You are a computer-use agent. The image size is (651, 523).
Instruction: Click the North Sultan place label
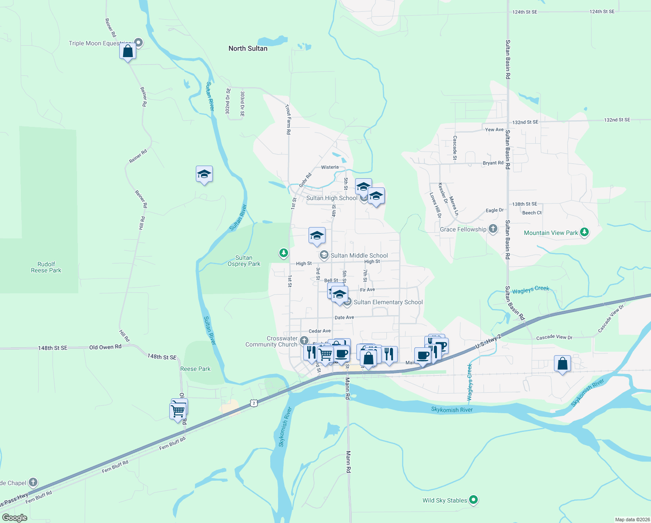click(248, 48)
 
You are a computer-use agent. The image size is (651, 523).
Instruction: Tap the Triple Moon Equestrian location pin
click(138, 43)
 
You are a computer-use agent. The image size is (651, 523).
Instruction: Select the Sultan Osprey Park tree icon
click(283, 253)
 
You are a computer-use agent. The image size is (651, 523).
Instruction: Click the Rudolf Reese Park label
click(46, 267)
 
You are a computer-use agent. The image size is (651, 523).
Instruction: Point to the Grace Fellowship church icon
click(493, 229)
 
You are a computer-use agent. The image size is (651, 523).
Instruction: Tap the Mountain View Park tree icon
click(584, 232)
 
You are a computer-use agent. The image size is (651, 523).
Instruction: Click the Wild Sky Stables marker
click(474, 500)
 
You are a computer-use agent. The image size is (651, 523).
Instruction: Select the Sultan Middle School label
click(359, 255)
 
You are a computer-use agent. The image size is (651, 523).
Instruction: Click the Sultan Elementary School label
click(388, 302)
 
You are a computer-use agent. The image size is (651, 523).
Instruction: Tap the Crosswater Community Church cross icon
click(304, 341)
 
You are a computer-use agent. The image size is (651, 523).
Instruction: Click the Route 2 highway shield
click(254, 403)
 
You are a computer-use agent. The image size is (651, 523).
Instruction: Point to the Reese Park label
click(195, 369)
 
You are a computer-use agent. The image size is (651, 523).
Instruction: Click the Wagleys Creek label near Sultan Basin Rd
click(530, 290)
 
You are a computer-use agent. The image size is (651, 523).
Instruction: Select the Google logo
click(15, 518)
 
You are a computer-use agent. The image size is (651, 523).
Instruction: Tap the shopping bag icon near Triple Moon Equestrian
click(128, 51)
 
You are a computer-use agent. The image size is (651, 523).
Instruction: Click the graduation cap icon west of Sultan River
click(204, 174)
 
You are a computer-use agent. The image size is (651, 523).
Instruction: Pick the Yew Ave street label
click(494, 129)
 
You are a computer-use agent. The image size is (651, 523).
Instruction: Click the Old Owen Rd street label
click(105, 347)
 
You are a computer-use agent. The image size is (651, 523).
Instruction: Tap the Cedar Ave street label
click(319, 331)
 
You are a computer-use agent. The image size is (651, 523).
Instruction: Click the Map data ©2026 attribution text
click(632, 520)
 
